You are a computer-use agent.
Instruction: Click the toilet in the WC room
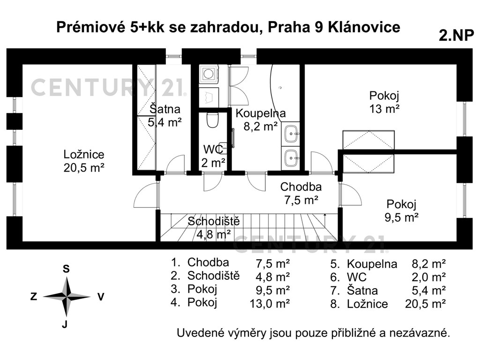(212, 120)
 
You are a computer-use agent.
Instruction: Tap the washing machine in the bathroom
(209, 74)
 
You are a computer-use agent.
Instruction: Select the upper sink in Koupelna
(291, 134)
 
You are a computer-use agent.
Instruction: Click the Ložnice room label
(84, 154)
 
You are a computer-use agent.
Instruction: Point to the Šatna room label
(165, 109)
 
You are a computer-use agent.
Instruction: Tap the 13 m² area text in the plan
(384, 109)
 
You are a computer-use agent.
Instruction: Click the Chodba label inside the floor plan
(301, 187)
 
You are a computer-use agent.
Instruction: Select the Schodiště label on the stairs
(214, 221)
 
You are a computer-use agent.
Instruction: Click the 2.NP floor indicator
(457, 35)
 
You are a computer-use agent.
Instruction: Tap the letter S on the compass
(66, 269)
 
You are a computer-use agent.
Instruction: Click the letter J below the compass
(65, 324)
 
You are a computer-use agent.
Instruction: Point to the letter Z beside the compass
(34, 296)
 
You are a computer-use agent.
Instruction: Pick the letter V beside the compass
(101, 297)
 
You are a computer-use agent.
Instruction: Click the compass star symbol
(67, 296)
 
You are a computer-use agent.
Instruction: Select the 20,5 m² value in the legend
(425, 304)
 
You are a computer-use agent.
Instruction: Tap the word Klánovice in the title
(364, 27)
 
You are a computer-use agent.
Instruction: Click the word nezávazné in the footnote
(420, 333)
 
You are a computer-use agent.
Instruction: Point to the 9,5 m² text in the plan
(401, 217)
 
